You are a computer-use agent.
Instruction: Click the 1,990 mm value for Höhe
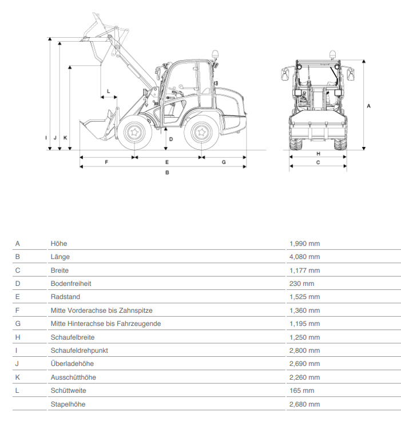304,244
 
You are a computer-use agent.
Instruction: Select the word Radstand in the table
65,297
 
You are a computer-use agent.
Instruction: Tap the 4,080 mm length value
304,257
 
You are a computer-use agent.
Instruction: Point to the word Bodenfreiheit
71,284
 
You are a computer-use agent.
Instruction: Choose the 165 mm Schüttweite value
302,391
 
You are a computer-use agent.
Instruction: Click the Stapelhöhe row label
68,404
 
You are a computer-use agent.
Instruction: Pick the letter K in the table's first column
18,377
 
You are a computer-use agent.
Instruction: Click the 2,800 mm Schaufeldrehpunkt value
304,351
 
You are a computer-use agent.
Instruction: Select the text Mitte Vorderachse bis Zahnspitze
102,310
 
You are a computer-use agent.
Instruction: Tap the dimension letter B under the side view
167,173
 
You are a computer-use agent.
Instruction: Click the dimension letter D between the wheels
171,139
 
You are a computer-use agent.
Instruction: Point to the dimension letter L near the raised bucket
108,91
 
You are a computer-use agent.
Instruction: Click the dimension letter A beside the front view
368,106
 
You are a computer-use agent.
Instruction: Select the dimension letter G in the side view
224,162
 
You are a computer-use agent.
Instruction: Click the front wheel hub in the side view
134,133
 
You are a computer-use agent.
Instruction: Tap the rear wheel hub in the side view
201,133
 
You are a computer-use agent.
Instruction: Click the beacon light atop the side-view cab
215,54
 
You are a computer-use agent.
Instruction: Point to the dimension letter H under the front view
319,154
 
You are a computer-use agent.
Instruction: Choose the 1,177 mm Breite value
304,270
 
